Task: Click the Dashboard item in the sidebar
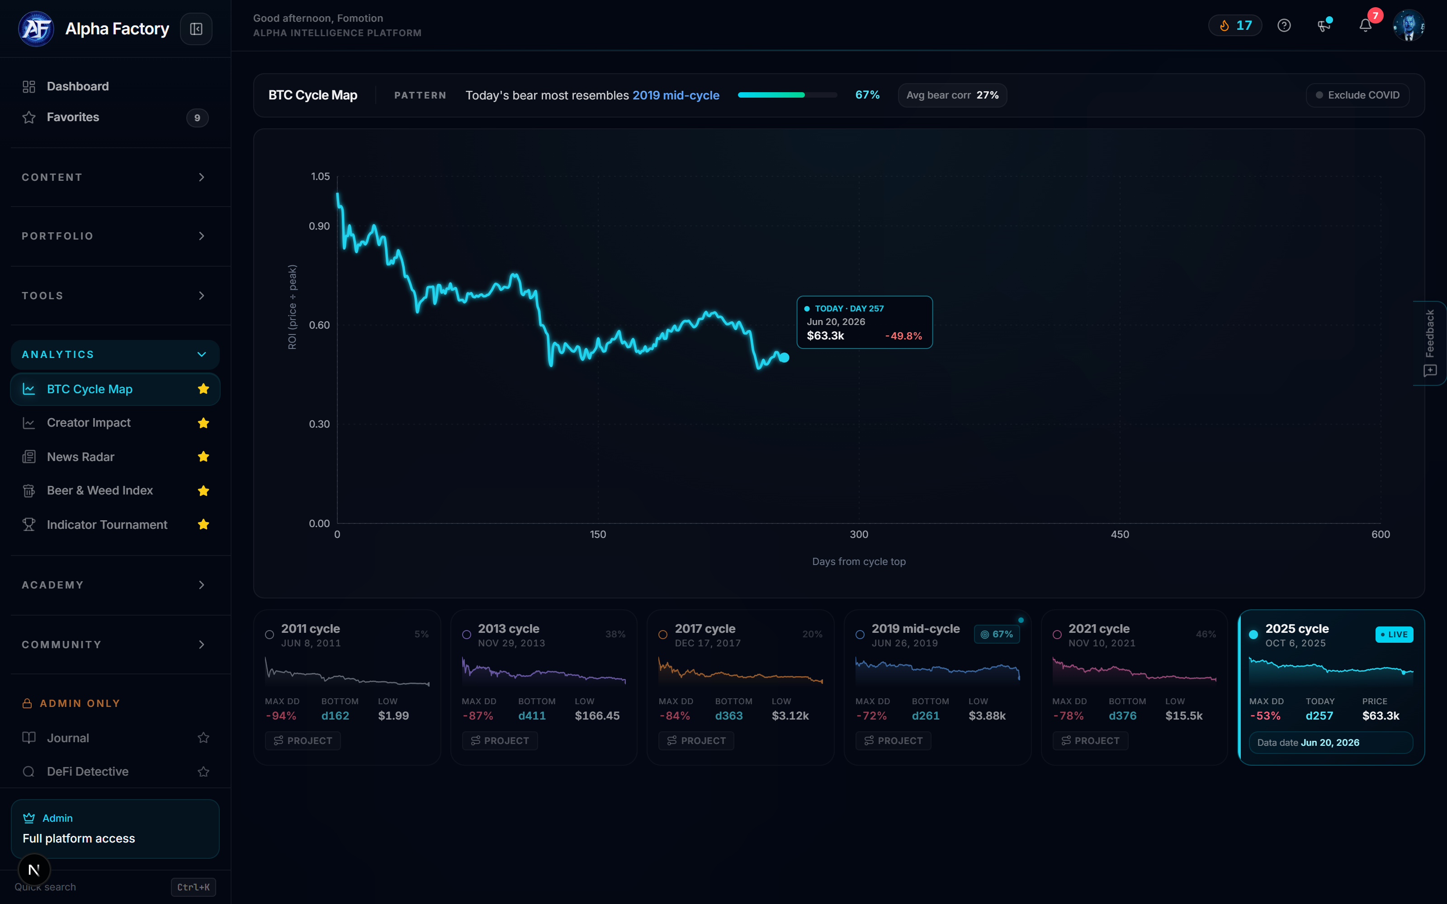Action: click(78, 86)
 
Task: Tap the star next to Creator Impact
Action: click(203, 423)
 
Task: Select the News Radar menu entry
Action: click(81, 457)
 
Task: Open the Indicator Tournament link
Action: click(107, 524)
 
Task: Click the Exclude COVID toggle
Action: click(1357, 95)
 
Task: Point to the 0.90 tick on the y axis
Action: click(319, 226)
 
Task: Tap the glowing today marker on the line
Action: click(784, 358)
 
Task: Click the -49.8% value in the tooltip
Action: click(903, 336)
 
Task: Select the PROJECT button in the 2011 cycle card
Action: click(303, 741)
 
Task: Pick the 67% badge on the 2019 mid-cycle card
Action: click(997, 634)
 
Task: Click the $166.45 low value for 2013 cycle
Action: click(597, 716)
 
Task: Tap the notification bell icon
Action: click(1365, 26)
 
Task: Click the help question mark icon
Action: click(1284, 26)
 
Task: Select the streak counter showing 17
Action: click(1235, 26)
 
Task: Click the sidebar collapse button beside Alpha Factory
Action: click(196, 28)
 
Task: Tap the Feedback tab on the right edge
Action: click(1430, 343)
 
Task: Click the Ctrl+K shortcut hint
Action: click(193, 887)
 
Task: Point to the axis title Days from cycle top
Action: click(859, 561)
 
